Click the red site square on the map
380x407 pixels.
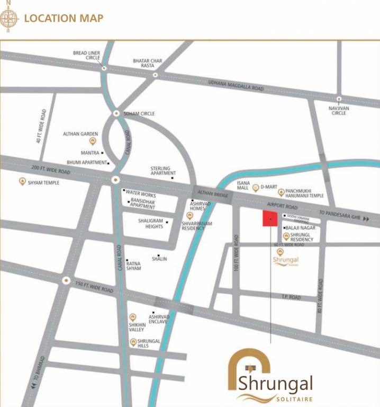point(270,218)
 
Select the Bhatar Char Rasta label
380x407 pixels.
point(148,63)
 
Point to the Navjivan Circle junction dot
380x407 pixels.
point(338,99)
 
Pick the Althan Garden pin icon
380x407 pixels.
point(93,141)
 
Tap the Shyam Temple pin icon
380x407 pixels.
point(22,182)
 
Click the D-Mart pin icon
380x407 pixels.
point(255,188)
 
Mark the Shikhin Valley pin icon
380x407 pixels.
point(132,316)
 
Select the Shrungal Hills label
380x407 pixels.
point(149,343)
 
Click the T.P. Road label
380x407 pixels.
point(291,297)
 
